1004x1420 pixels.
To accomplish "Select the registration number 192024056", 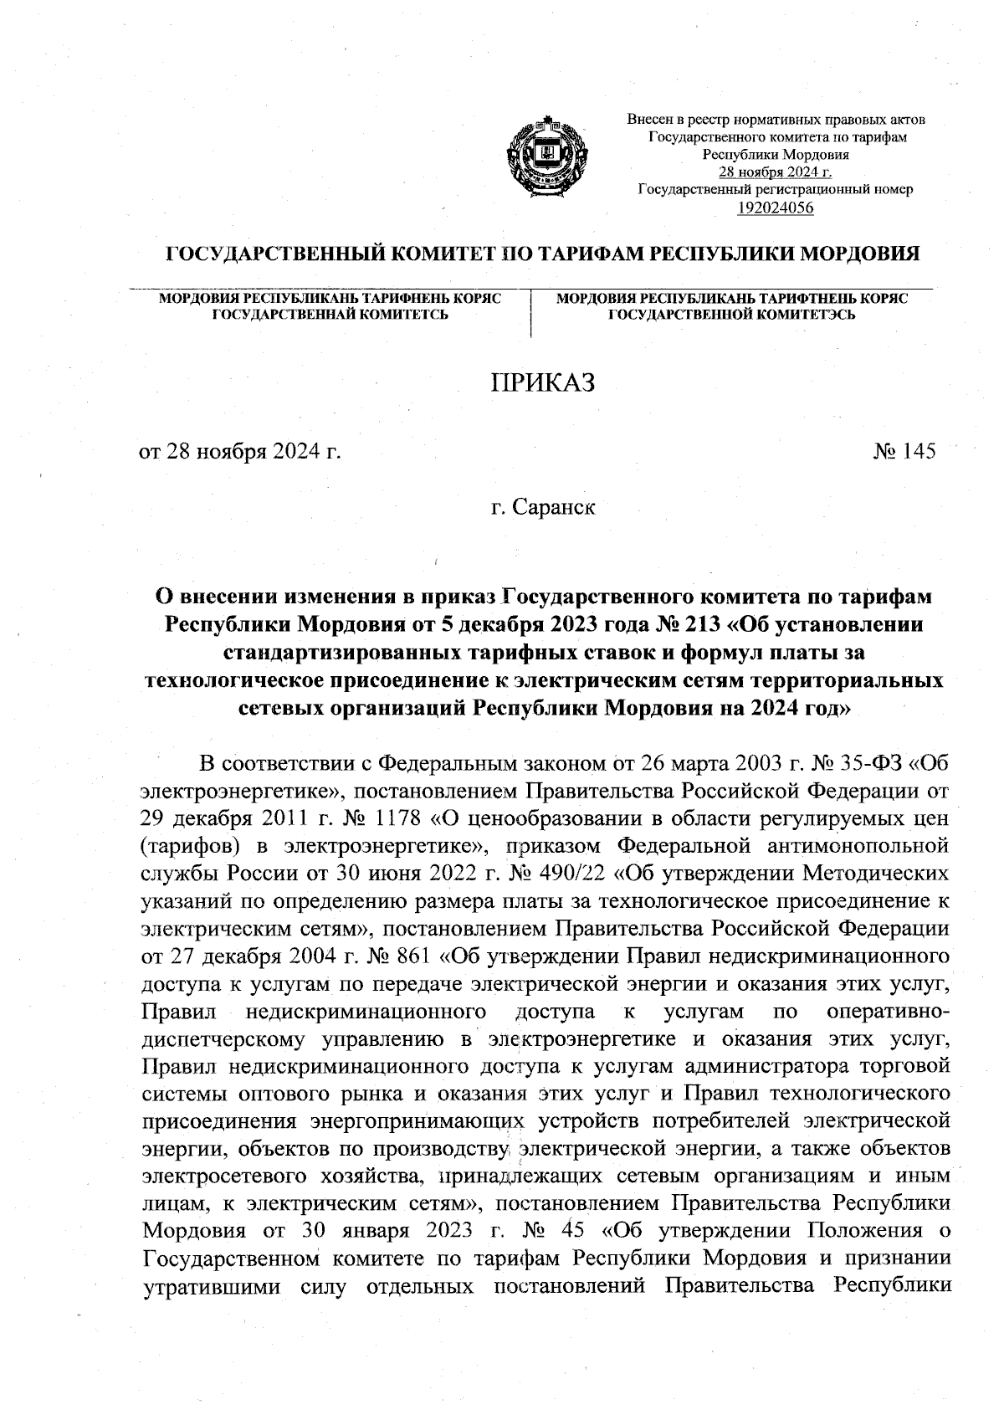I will pyautogui.click(x=776, y=208).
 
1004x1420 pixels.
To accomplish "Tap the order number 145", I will pyautogui.click(x=918, y=452).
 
